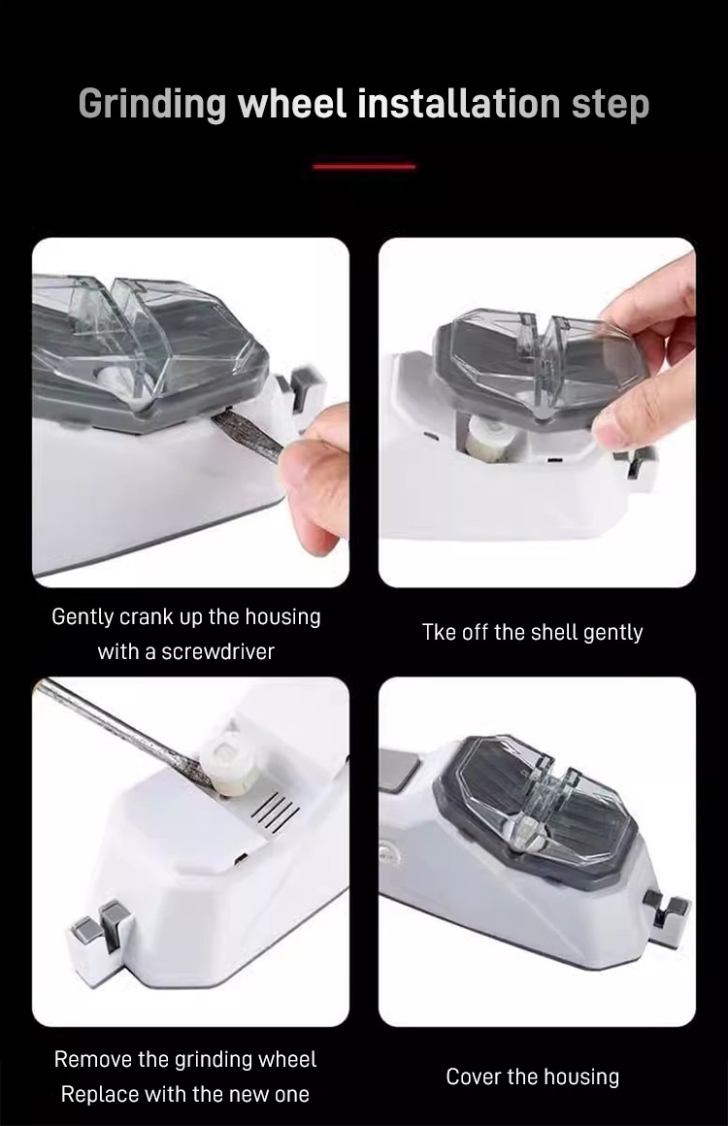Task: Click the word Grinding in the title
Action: [x=152, y=104]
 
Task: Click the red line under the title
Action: [x=364, y=166]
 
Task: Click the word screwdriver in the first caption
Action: [x=217, y=651]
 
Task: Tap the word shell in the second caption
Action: [x=553, y=632]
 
